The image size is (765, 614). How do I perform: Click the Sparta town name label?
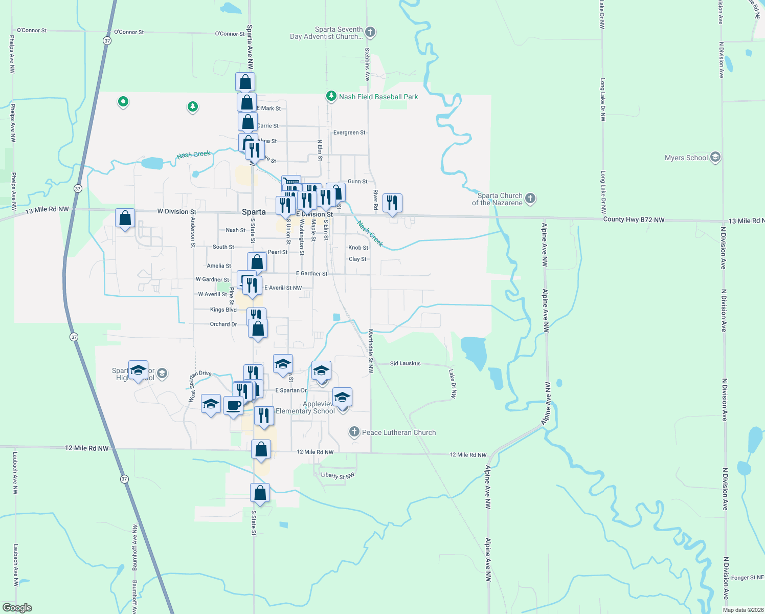point(254,212)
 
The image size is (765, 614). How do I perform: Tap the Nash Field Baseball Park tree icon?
point(331,96)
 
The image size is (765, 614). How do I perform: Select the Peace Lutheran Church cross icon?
point(354,432)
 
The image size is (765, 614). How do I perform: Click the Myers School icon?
point(715,158)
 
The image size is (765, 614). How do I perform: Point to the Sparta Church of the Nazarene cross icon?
point(530,199)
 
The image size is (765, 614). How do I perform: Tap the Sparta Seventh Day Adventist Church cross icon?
point(370,32)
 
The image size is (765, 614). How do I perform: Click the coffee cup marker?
point(234,406)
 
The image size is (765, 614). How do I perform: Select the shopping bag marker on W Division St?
point(125,219)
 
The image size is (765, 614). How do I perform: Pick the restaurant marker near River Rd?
point(392,203)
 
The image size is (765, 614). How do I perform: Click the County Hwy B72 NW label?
point(634,220)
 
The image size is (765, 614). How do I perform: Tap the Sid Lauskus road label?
point(405,363)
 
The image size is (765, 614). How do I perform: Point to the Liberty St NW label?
point(337,475)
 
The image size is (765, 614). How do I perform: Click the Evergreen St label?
point(349,133)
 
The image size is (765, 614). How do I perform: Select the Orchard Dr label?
point(223,324)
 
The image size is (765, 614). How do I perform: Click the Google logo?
point(17,608)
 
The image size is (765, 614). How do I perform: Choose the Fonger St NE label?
point(747,578)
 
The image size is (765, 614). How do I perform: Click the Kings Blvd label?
point(223,310)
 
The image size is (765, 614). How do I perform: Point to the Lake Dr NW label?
point(453,384)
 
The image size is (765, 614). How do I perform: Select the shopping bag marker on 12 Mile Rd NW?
point(261,450)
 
